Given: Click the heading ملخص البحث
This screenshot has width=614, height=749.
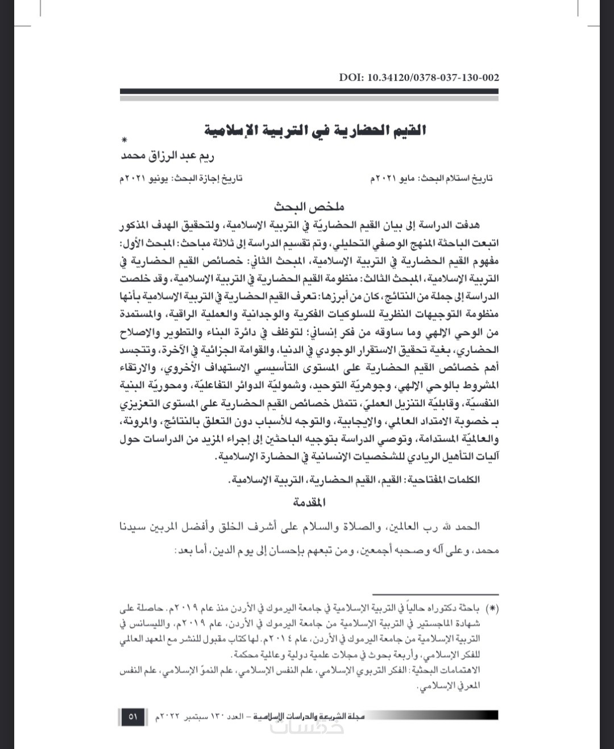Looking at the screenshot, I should pyautogui.click(x=309, y=206).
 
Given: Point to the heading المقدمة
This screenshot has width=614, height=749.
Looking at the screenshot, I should pyautogui.click(x=310, y=502).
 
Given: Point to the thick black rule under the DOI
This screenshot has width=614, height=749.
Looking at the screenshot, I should pyautogui.click(x=310, y=91).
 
